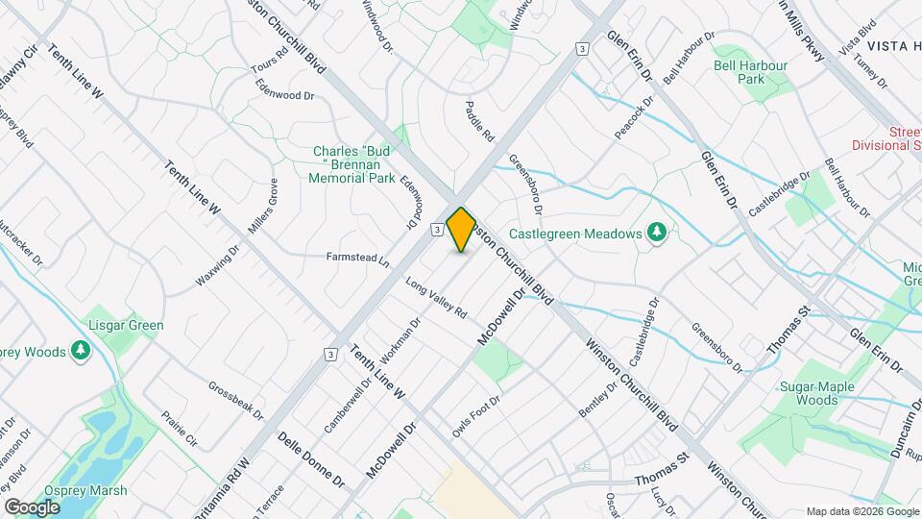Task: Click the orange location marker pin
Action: [461, 229]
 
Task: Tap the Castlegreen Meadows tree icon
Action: [657, 234]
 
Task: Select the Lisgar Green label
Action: [127, 325]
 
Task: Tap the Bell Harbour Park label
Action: [750, 72]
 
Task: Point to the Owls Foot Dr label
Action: [477, 414]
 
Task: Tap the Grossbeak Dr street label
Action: [235, 399]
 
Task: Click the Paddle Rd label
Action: [478, 121]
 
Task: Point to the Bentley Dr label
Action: [596, 400]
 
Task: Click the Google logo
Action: [32, 507]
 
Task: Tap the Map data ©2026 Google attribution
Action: [861, 511]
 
